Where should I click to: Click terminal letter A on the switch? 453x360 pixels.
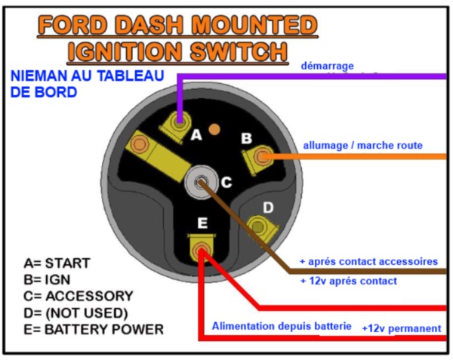[196, 135]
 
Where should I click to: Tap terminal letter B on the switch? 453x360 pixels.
[246, 138]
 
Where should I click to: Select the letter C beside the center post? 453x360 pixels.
[226, 182]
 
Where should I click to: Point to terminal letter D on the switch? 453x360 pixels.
[268, 208]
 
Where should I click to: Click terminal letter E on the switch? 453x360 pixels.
[202, 223]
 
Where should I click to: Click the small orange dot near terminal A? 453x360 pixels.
[214, 129]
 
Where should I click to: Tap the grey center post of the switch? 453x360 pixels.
[201, 182]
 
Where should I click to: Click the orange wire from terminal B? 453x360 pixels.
[354, 157]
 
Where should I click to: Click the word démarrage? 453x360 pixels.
[328, 66]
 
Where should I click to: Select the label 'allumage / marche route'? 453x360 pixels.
[363, 145]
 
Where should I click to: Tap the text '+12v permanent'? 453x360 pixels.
[402, 328]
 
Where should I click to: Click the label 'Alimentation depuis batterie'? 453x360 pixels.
[282, 326]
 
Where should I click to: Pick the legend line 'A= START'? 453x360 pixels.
[57, 263]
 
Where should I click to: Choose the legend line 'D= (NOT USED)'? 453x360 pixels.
[75, 313]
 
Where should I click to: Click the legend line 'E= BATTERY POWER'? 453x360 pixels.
[94, 329]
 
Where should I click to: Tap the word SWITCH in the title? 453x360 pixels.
[239, 52]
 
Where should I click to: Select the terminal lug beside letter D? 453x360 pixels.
[261, 228]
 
